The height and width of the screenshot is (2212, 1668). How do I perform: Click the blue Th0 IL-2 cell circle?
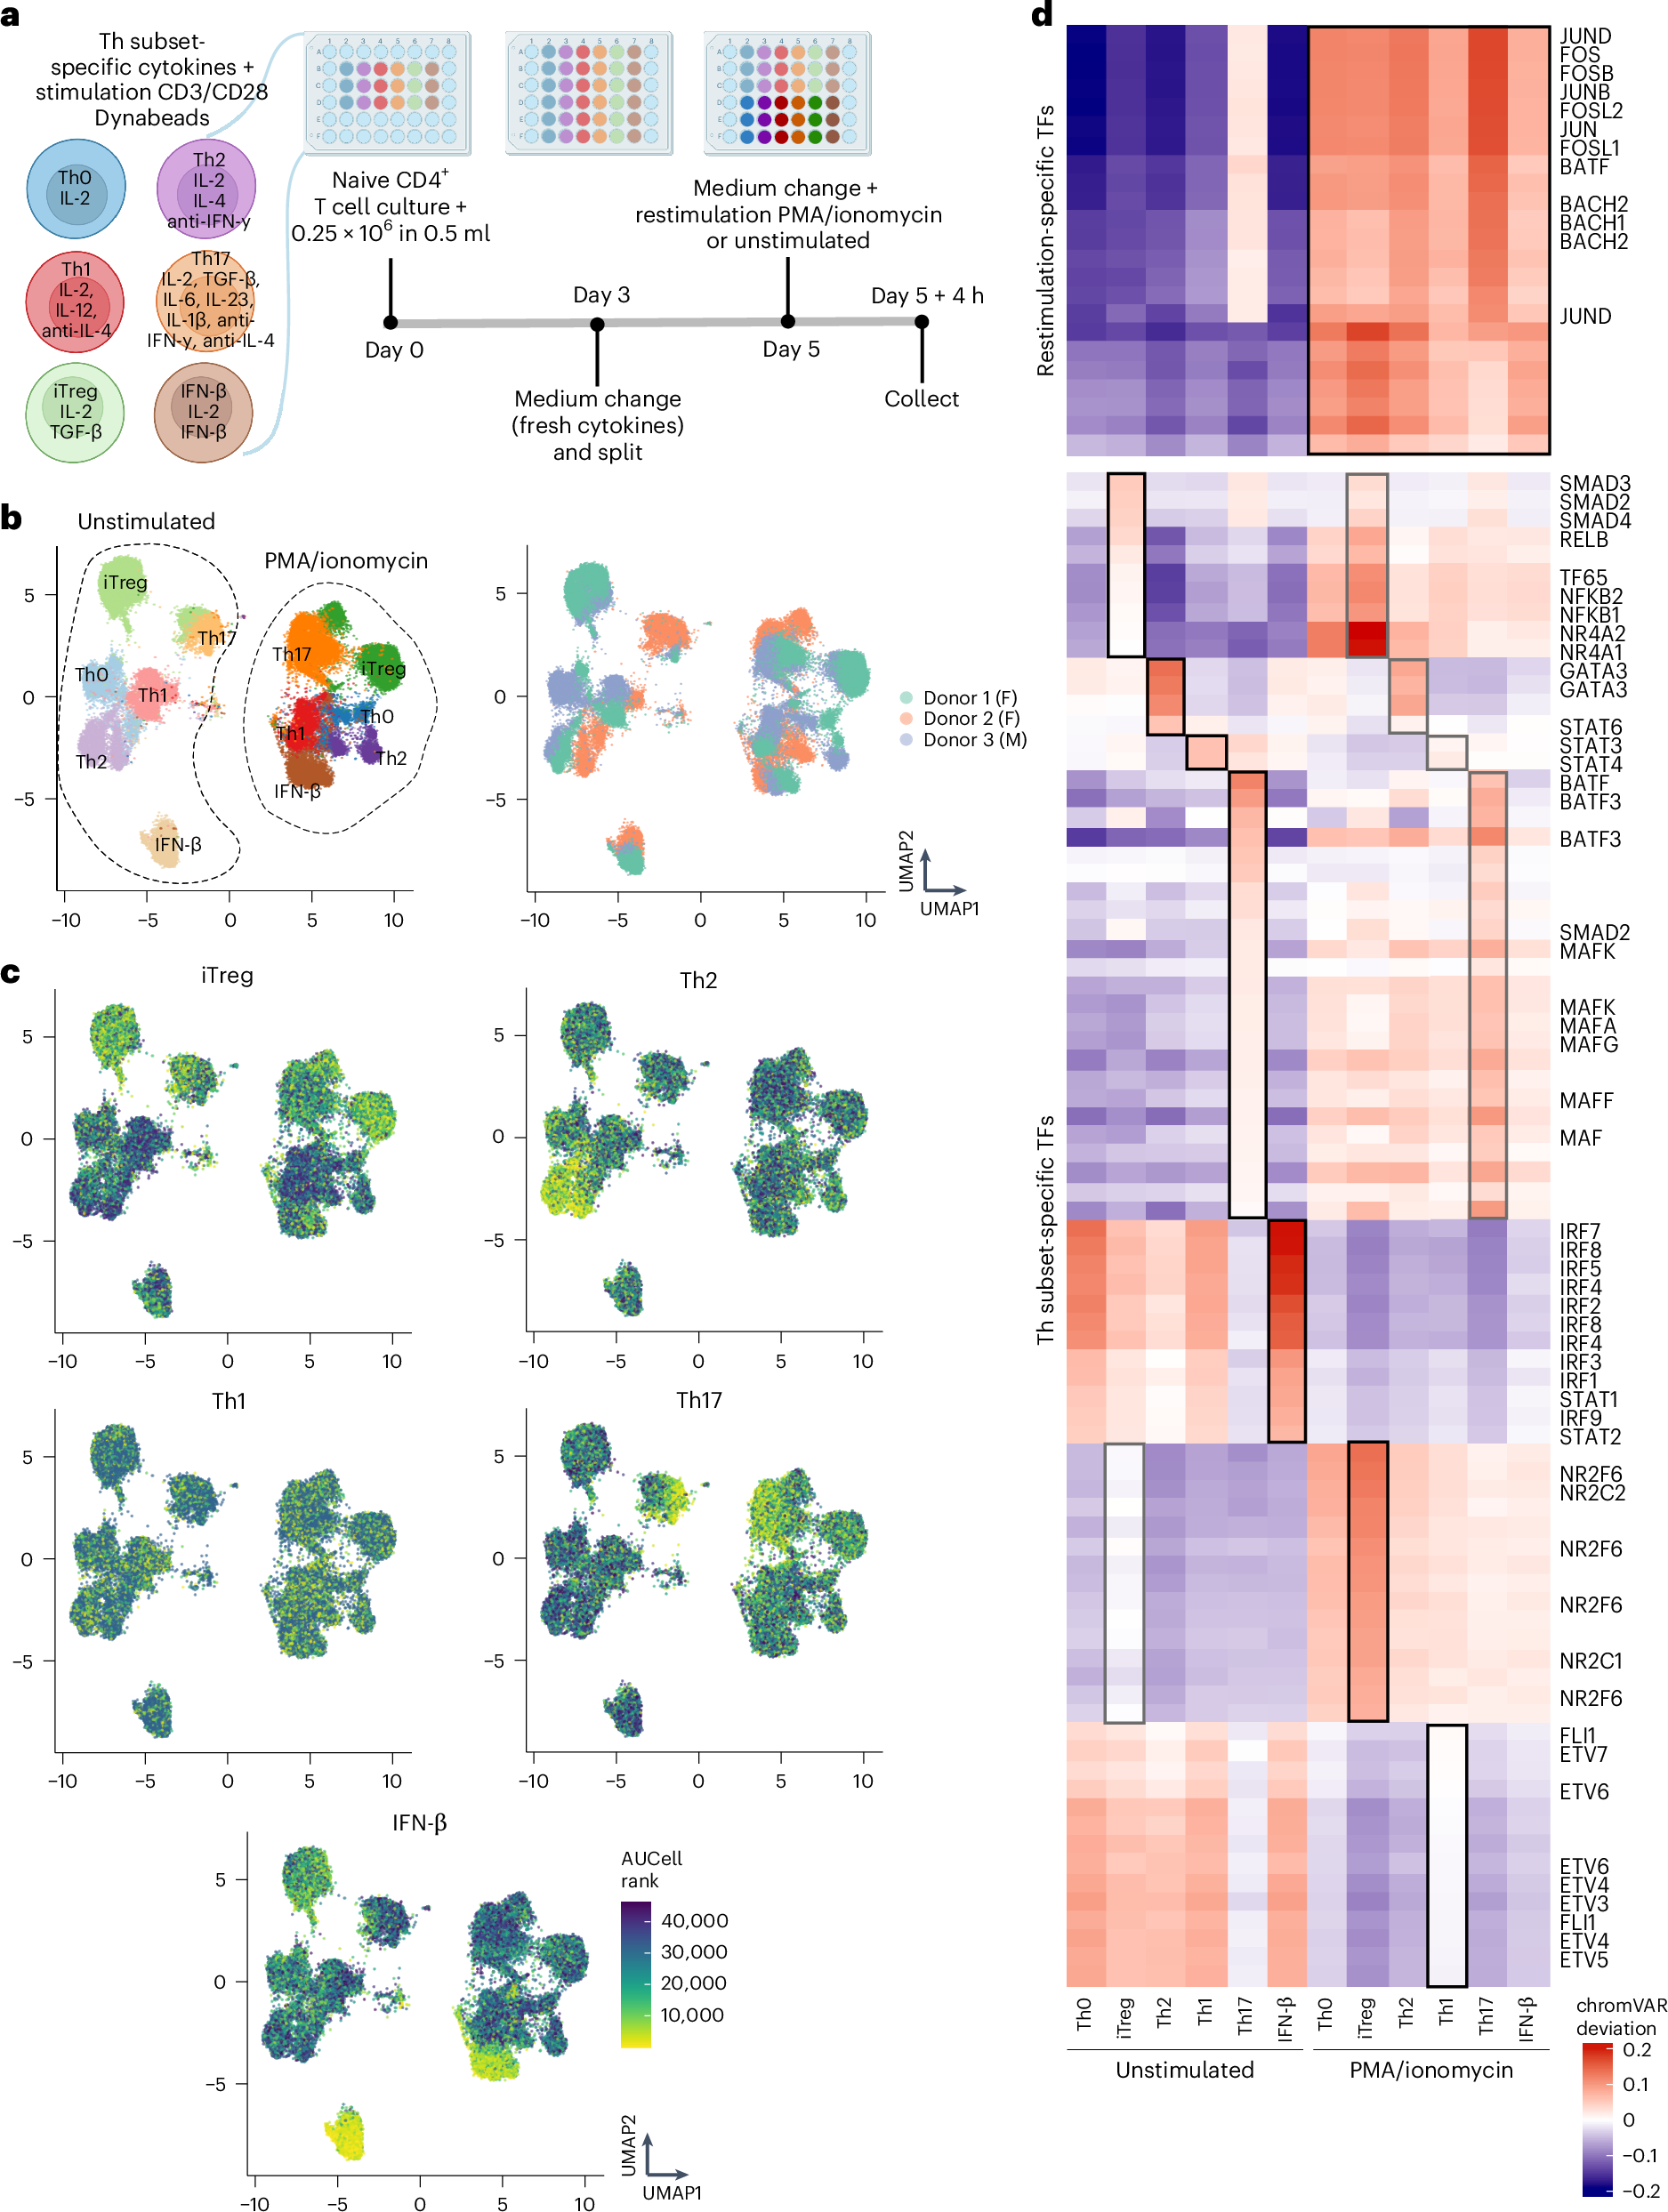(x=75, y=188)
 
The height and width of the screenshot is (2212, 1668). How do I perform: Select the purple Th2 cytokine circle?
(x=207, y=189)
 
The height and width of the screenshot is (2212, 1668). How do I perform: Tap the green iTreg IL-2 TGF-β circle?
(x=75, y=412)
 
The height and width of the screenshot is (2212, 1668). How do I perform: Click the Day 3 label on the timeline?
(x=601, y=295)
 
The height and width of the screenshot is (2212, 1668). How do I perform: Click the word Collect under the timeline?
(x=921, y=399)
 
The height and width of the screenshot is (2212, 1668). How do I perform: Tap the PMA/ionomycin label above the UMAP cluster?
(x=346, y=561)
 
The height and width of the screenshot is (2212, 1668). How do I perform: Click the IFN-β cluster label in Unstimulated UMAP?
(x=178, y=844)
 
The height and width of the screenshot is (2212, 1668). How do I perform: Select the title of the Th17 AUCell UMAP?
(x=698, y=1400)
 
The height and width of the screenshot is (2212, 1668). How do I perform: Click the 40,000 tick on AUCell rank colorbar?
(x=694, y=1920)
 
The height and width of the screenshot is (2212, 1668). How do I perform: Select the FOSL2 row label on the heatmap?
(x=1591, y=111)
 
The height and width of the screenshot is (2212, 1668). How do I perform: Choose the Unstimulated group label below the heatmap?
(x=1184, y=2070)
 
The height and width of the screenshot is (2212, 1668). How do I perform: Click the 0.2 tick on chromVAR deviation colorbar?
(x=1636, y=2049)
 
